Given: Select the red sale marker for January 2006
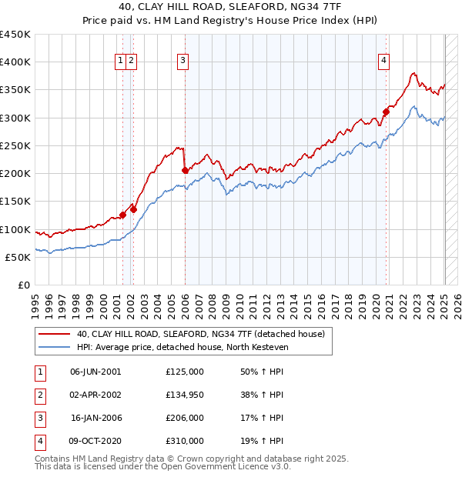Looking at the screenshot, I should point(185,170).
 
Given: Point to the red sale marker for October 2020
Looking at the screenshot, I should point(387,112).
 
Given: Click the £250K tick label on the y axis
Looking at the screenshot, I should point(15,145).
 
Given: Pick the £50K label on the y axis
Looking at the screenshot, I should point(18,257).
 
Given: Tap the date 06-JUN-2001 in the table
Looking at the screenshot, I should point(95,372).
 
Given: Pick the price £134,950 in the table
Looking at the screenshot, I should point(185,395).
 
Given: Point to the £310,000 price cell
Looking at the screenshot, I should point(185,441).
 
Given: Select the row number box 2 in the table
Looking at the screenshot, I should point(40,395).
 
